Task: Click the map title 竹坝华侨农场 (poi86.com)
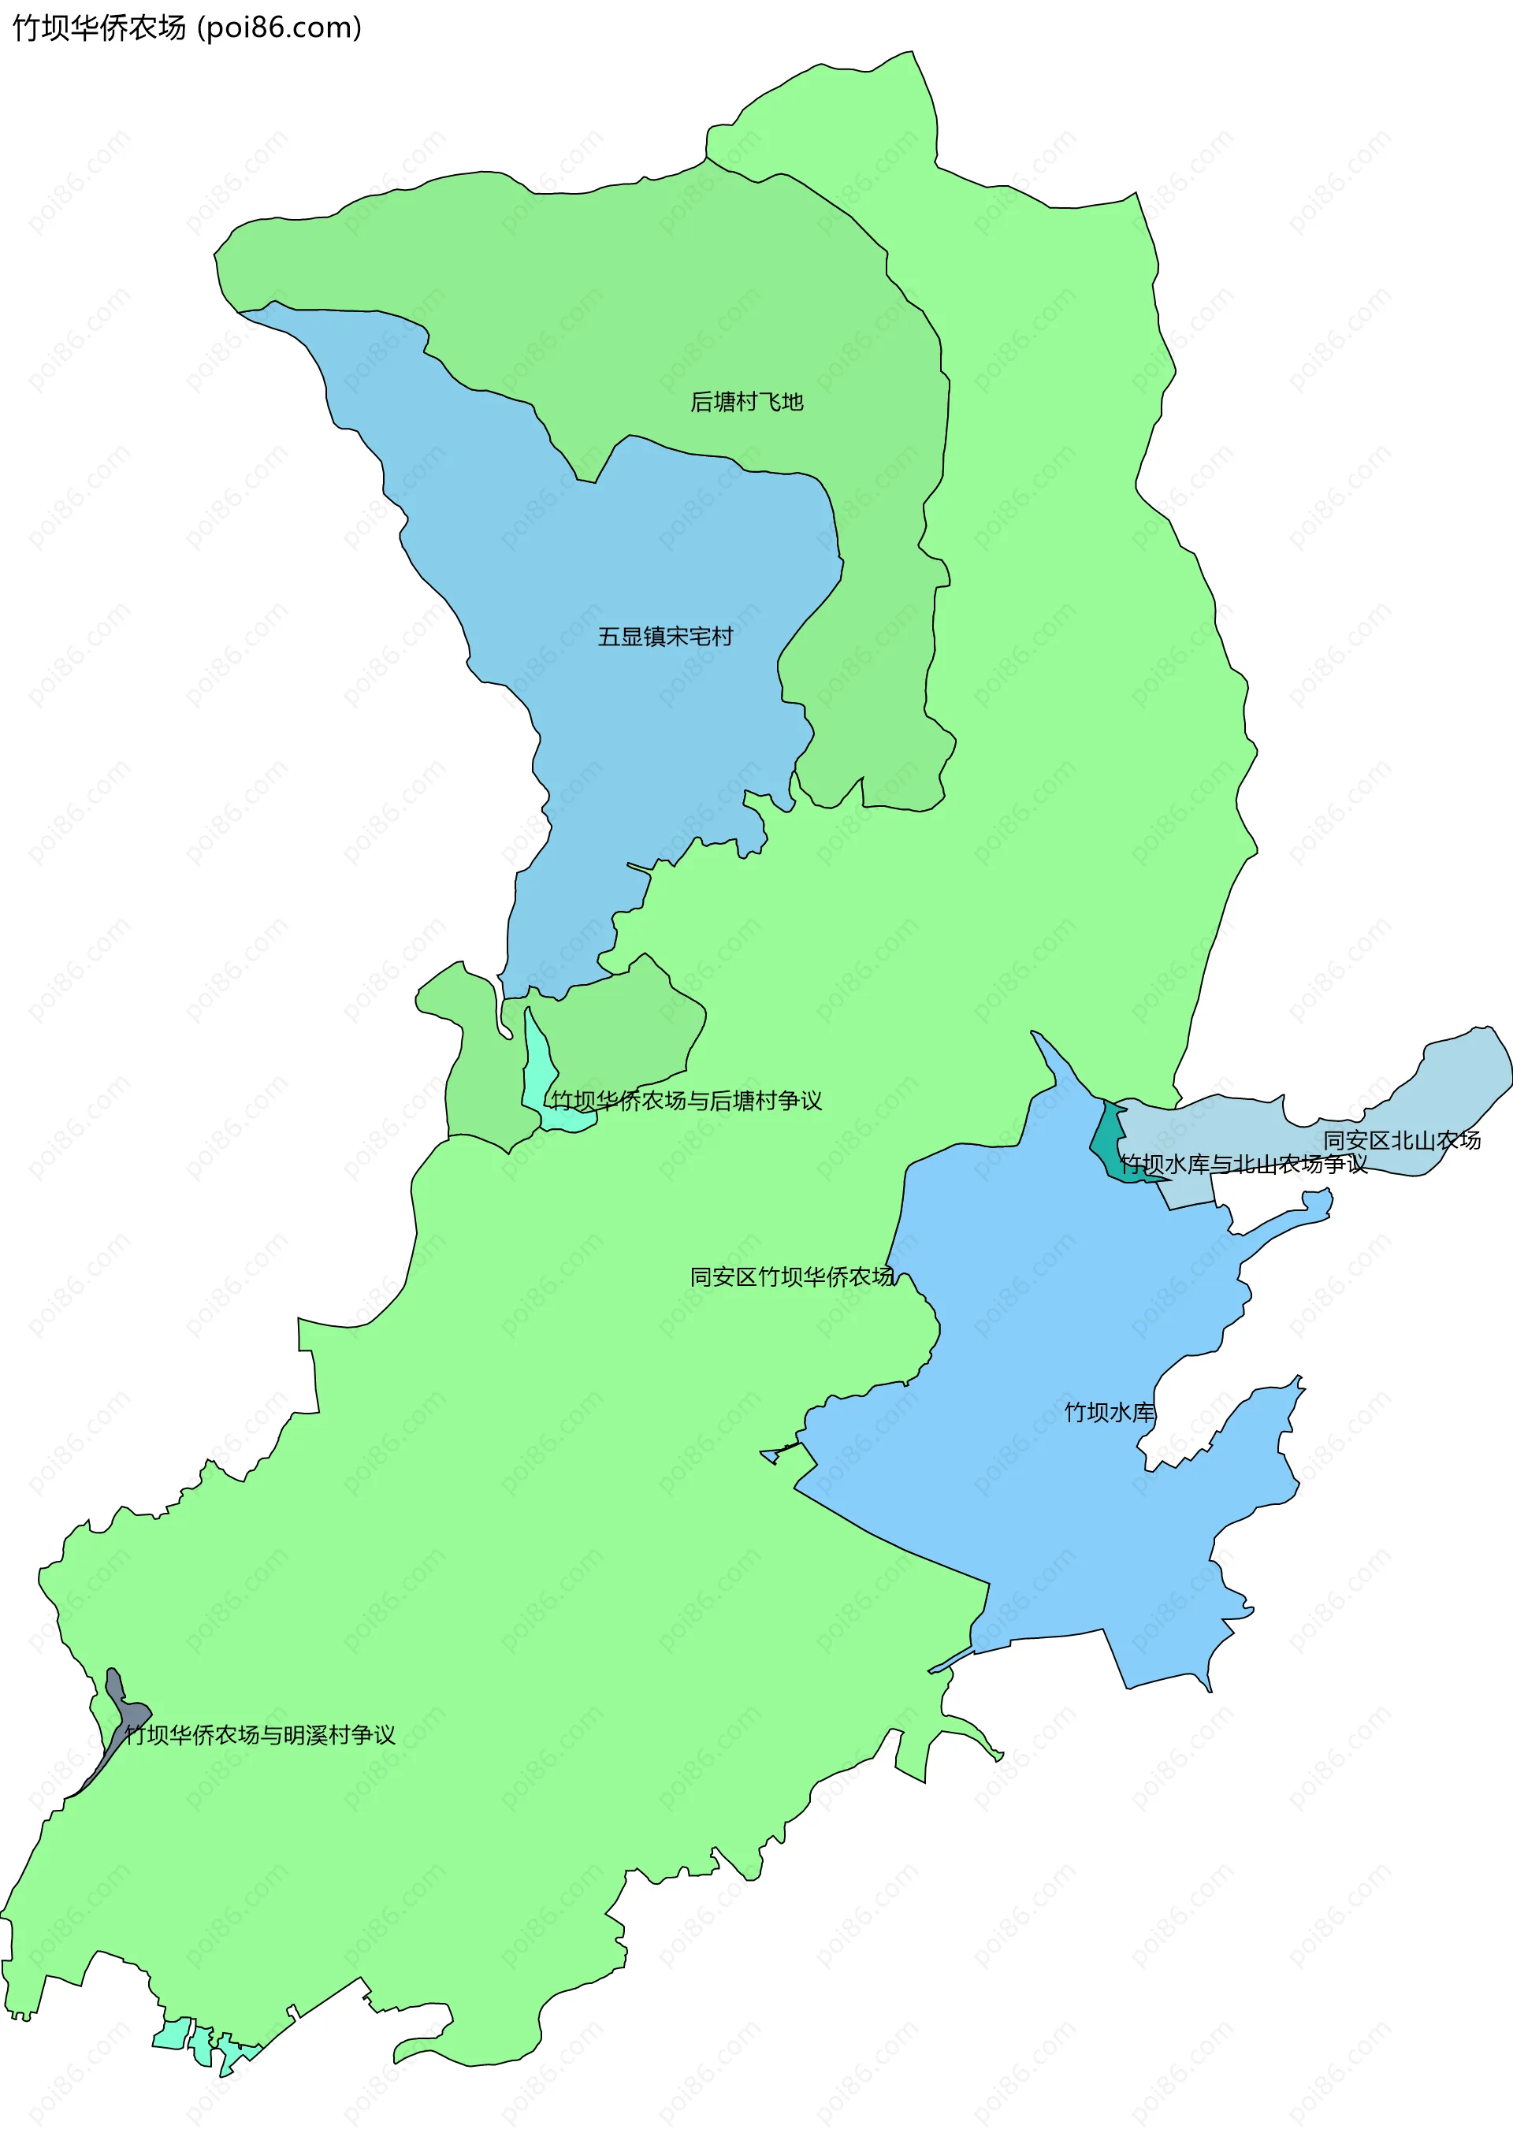[x=186, y=28]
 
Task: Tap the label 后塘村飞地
[x=746, y=403]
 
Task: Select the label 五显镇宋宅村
[x=665, y=637]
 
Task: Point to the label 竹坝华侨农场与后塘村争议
[x=686, y=1101]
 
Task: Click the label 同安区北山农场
[x=1401, y=1140]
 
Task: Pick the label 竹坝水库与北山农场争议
[x=1243, y=1164]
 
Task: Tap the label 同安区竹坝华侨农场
[x=792, y=1276]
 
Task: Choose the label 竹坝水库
[x=1109, y=1413]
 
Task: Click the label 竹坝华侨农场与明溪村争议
[x=260, y=1735]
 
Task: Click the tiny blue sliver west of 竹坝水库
[x=771, y=1455]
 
